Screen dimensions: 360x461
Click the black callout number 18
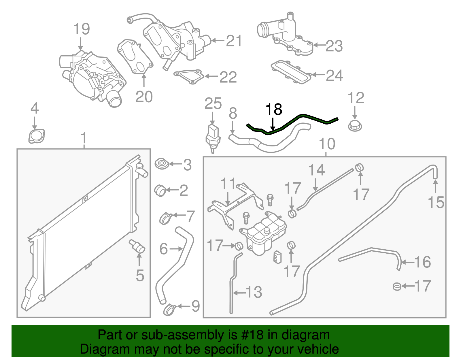tap(273, 110)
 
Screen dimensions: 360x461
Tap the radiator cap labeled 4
tap(36, 136)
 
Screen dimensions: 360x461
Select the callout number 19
tap(81, 29)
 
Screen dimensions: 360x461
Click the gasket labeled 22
tap(189, 76)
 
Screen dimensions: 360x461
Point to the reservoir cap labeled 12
tap(355, 126)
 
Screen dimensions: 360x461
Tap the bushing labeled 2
tap(160, 190)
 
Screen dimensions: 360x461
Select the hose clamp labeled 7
tap(166, 218)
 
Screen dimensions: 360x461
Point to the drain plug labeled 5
tap(137, 246)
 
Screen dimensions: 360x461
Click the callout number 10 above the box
tap(327, 144)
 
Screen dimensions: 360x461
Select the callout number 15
tap(436, 202)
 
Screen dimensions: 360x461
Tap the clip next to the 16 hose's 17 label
tap(397, 287)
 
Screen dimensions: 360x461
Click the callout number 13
tap(254, 292)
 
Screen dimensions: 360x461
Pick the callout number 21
tap(234, 41)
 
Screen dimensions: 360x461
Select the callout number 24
tap(334, 76)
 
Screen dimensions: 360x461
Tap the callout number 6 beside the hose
tap(163, 249)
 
